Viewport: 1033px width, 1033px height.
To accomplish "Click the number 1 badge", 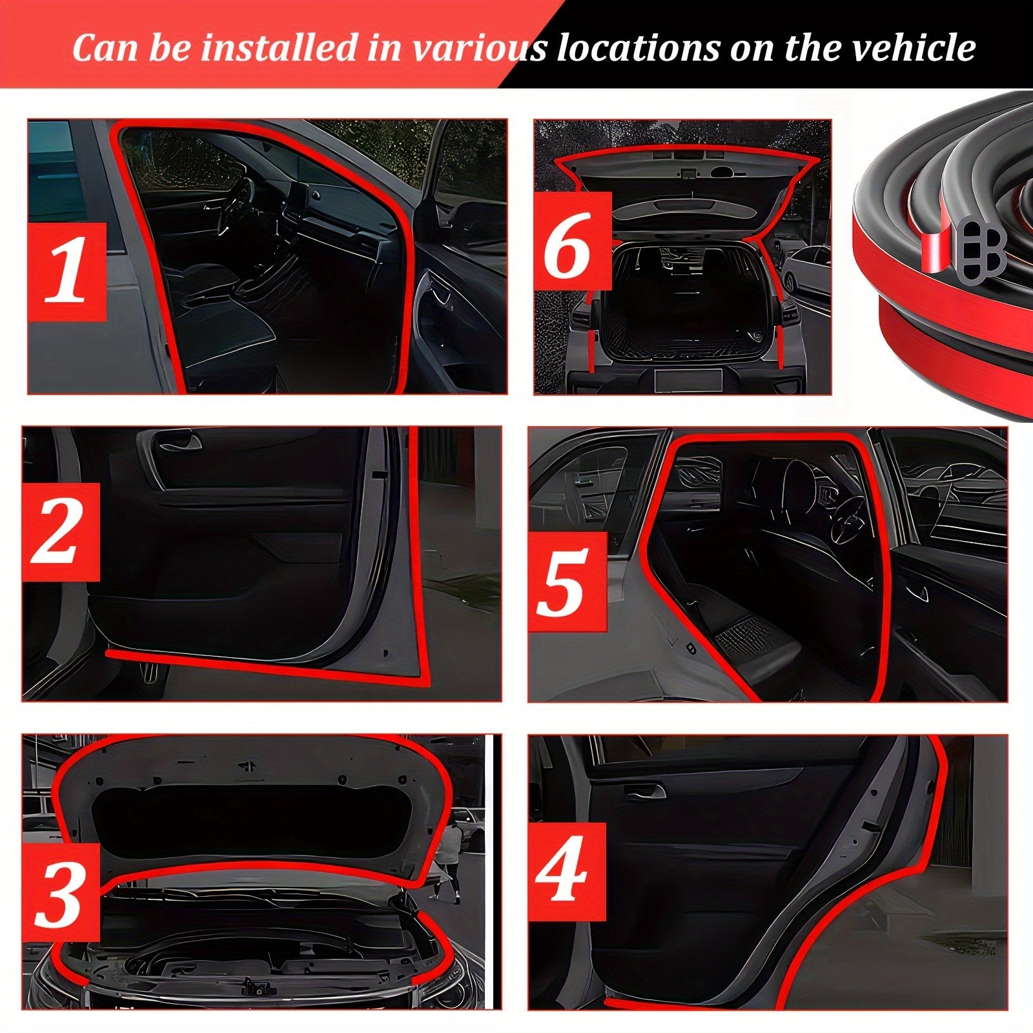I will coord(66,271).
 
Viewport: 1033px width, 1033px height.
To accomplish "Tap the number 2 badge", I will coord(61,532).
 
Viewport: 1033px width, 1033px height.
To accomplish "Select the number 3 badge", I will coord(61,892).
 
